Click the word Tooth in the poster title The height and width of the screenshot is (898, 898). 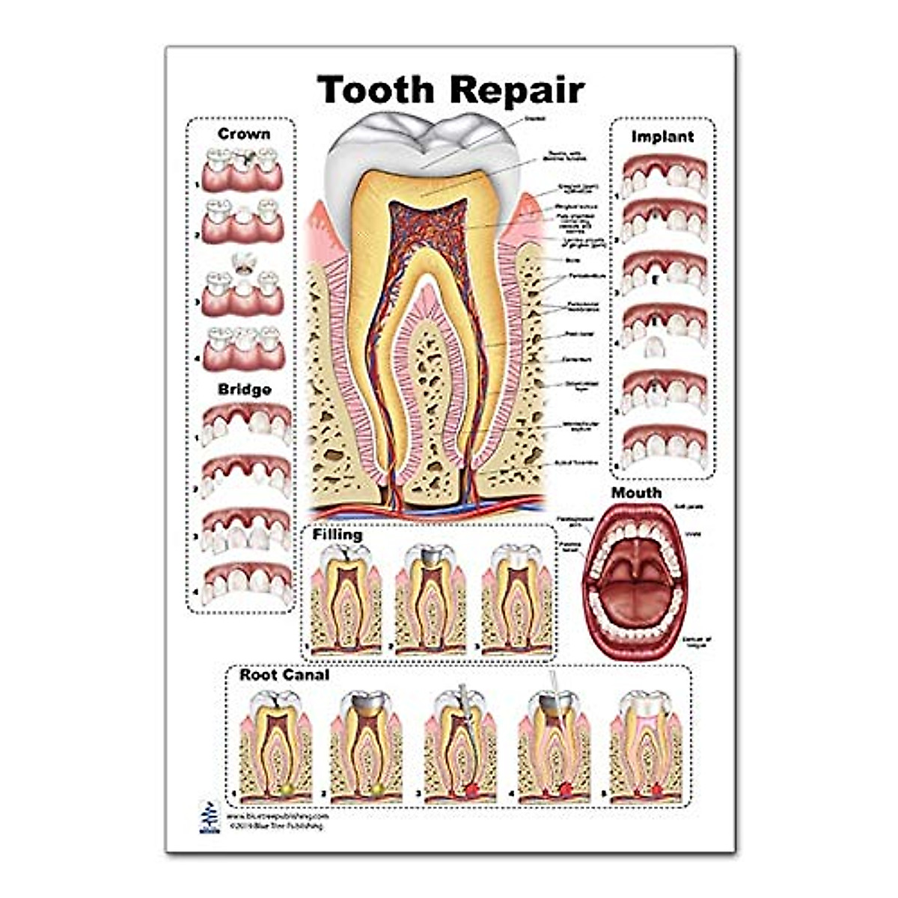(376, 90)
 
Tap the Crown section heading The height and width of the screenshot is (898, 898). (244, 134)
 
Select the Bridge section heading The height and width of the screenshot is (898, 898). (245, 390)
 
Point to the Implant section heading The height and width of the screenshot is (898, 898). (662, 137)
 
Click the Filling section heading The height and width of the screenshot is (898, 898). (337, 535)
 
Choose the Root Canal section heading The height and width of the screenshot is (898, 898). (284, 675)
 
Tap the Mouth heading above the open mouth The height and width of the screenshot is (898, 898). (636, 493)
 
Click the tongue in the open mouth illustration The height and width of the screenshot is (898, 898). (633, 599)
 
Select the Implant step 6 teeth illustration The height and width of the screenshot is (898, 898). (665, 446)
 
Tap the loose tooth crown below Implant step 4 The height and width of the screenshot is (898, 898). (656, 348)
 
